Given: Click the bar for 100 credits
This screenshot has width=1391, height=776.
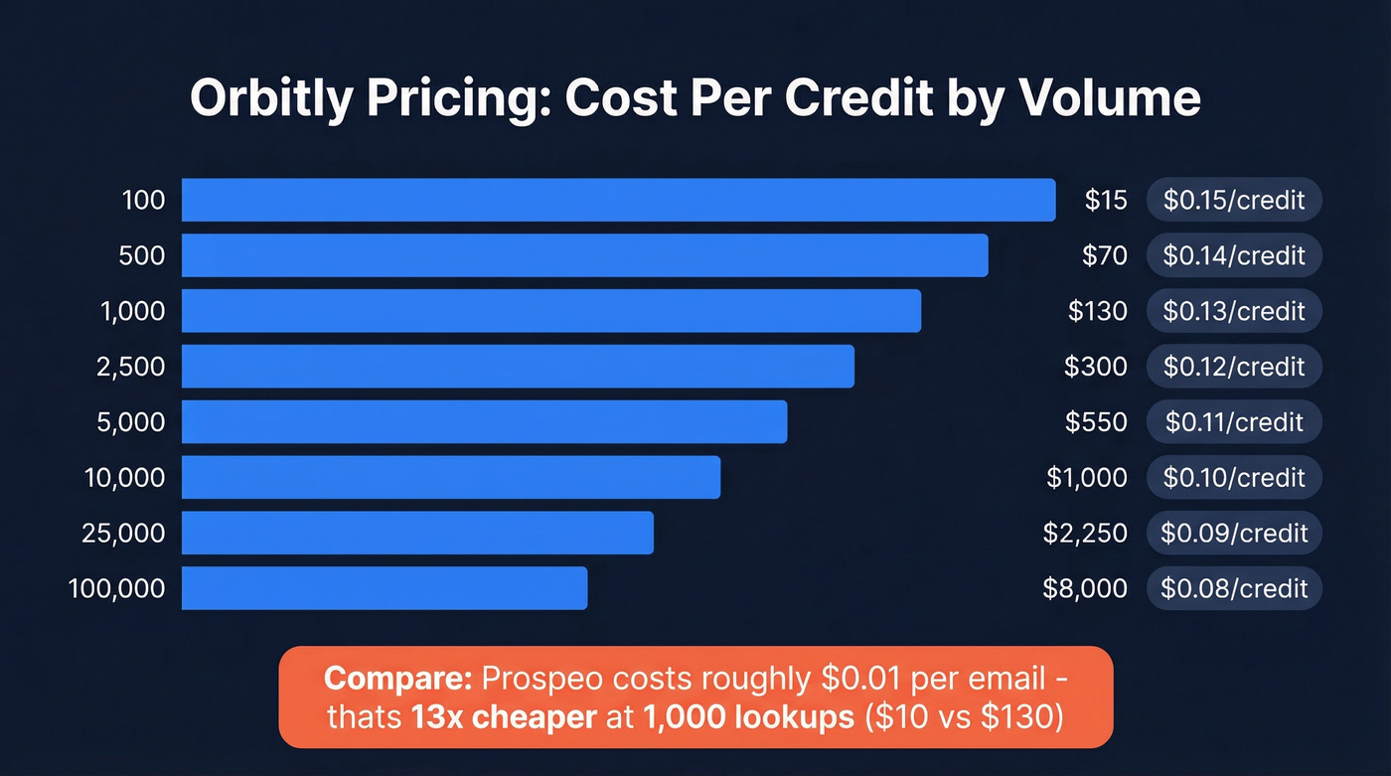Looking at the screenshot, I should pyautogui.click(x=618, y=200).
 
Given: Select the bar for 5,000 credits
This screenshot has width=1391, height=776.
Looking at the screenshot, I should pyautogui.click(x=484, y=422).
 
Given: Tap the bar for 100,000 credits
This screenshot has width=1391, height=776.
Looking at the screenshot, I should pyautogui.click(x=385, y=588).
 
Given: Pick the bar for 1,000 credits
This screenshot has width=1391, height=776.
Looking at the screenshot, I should pyautogui.click(x=551, y=311).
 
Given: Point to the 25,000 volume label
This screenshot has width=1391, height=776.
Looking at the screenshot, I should pyautogui.click(x=123, y=534).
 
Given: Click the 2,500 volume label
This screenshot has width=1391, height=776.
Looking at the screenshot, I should pyautogui.click(x=132, y=367).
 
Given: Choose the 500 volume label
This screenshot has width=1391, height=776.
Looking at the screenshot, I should pyautogui.click(x=143, y=255).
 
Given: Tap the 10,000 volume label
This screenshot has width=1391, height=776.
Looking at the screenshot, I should pyautogui.click(x=125, y=478).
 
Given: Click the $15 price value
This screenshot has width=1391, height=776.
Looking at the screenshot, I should pyautogui.click(x=1106, y=201).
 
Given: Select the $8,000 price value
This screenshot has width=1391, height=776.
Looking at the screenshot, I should pyautogui.click(x=1085, y=588).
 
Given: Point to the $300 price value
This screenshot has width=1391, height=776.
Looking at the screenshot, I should pyautogui.click(x=1096, y=367).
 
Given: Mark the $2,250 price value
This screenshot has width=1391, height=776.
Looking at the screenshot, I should pyautogui.click(x=1085, y=534).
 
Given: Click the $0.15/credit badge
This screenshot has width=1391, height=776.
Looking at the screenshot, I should pyautogui.click(x=1234, y=201).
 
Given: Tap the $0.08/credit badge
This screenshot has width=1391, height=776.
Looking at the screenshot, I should pyautogui.click(x=1234, y=588).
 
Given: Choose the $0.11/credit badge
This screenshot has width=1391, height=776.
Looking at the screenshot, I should pyautogui.click(x=1234, y=422).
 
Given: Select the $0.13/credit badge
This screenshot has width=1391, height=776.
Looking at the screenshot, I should pyautogui.click(x=1234, y=311).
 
